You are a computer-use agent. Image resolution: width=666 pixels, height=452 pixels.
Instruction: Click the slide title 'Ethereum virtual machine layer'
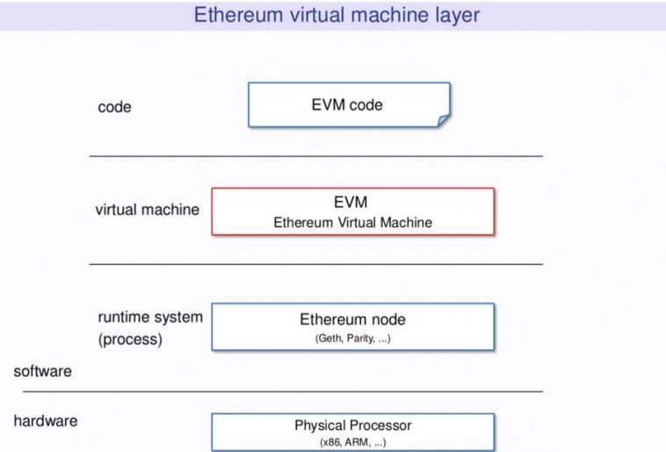coord(337,15)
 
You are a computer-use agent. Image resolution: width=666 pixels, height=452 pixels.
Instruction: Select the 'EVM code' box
coord(349,105)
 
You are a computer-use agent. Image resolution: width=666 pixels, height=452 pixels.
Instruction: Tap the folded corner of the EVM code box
coord(444,120)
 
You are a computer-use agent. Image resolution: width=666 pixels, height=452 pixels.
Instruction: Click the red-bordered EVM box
coord(352,211)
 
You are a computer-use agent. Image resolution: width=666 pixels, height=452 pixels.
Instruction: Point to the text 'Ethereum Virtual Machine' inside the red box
coord(352,222)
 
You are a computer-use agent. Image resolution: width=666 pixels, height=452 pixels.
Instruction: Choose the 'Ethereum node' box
coord(352,326)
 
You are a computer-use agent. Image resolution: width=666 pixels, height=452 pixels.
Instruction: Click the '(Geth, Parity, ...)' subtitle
coord(352,339)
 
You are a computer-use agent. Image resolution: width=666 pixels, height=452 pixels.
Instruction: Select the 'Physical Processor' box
coord(352,432)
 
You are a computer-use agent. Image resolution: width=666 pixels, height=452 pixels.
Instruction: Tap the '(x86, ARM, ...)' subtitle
coord(352,442)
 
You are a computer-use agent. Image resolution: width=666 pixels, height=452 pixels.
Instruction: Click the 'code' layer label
coord(114,106)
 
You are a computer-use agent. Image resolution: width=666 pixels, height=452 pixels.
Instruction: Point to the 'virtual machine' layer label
coord(147,209)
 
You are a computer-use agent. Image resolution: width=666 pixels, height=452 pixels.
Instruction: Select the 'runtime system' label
coord(150,317)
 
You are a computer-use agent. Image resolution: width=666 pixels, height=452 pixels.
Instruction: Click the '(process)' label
coord(130,339)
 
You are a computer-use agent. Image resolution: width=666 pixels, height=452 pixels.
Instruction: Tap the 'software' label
coord(42,371)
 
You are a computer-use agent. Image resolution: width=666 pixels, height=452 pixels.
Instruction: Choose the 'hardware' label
coord(46,421)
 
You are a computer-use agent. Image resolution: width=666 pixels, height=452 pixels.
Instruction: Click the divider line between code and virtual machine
coord(316,156)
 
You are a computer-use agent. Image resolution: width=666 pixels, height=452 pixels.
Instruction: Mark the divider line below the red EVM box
coord(316,264)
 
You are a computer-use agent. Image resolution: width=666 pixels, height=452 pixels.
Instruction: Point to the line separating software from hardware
coord(283,390)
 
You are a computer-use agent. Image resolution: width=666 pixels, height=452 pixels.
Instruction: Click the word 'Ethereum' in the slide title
coord(238,15)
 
